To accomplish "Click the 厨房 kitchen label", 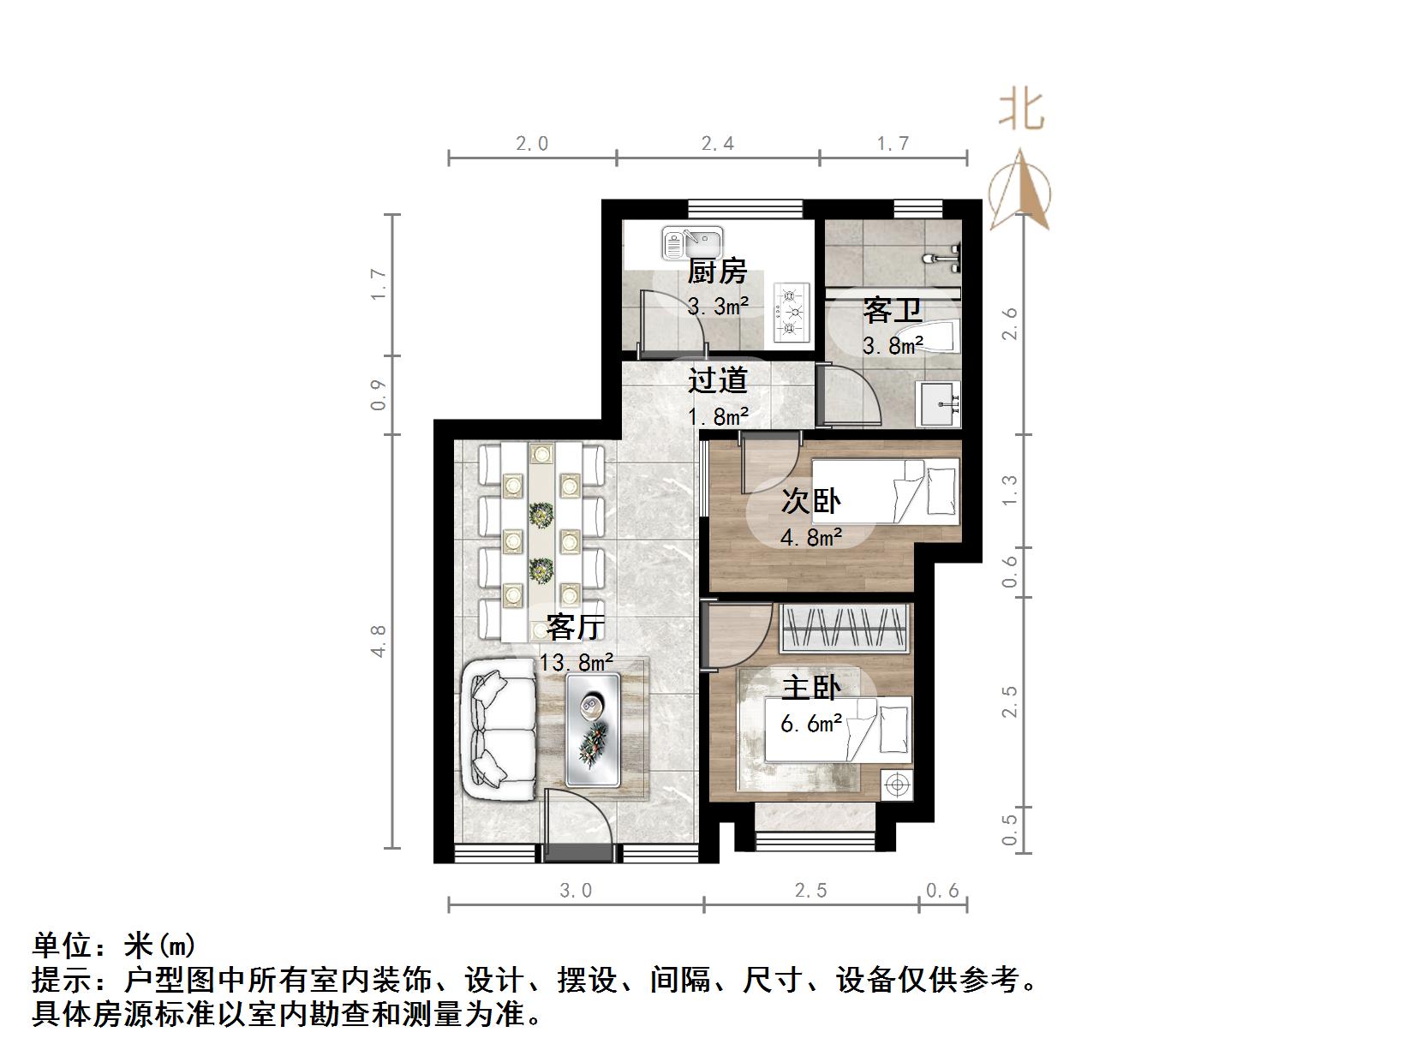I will coord(717,271).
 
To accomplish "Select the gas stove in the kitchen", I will coord(792,313).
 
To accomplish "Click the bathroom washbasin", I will coord(939,403).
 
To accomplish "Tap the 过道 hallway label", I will coord(717,379).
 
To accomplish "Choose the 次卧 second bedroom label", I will coord(810,501).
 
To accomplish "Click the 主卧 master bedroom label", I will coord(810,687).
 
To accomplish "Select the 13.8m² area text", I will coord(576,662).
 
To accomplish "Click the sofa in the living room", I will coord(501,729).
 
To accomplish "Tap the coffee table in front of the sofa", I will coord(592,729).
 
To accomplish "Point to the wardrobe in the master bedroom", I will coord(844,628).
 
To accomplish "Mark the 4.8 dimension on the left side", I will coord(379,641).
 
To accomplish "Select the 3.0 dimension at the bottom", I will coord(576,891).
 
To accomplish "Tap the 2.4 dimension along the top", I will coord(718,144).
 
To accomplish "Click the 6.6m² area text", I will coord(810,725).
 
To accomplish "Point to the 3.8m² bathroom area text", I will coord(893,346).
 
